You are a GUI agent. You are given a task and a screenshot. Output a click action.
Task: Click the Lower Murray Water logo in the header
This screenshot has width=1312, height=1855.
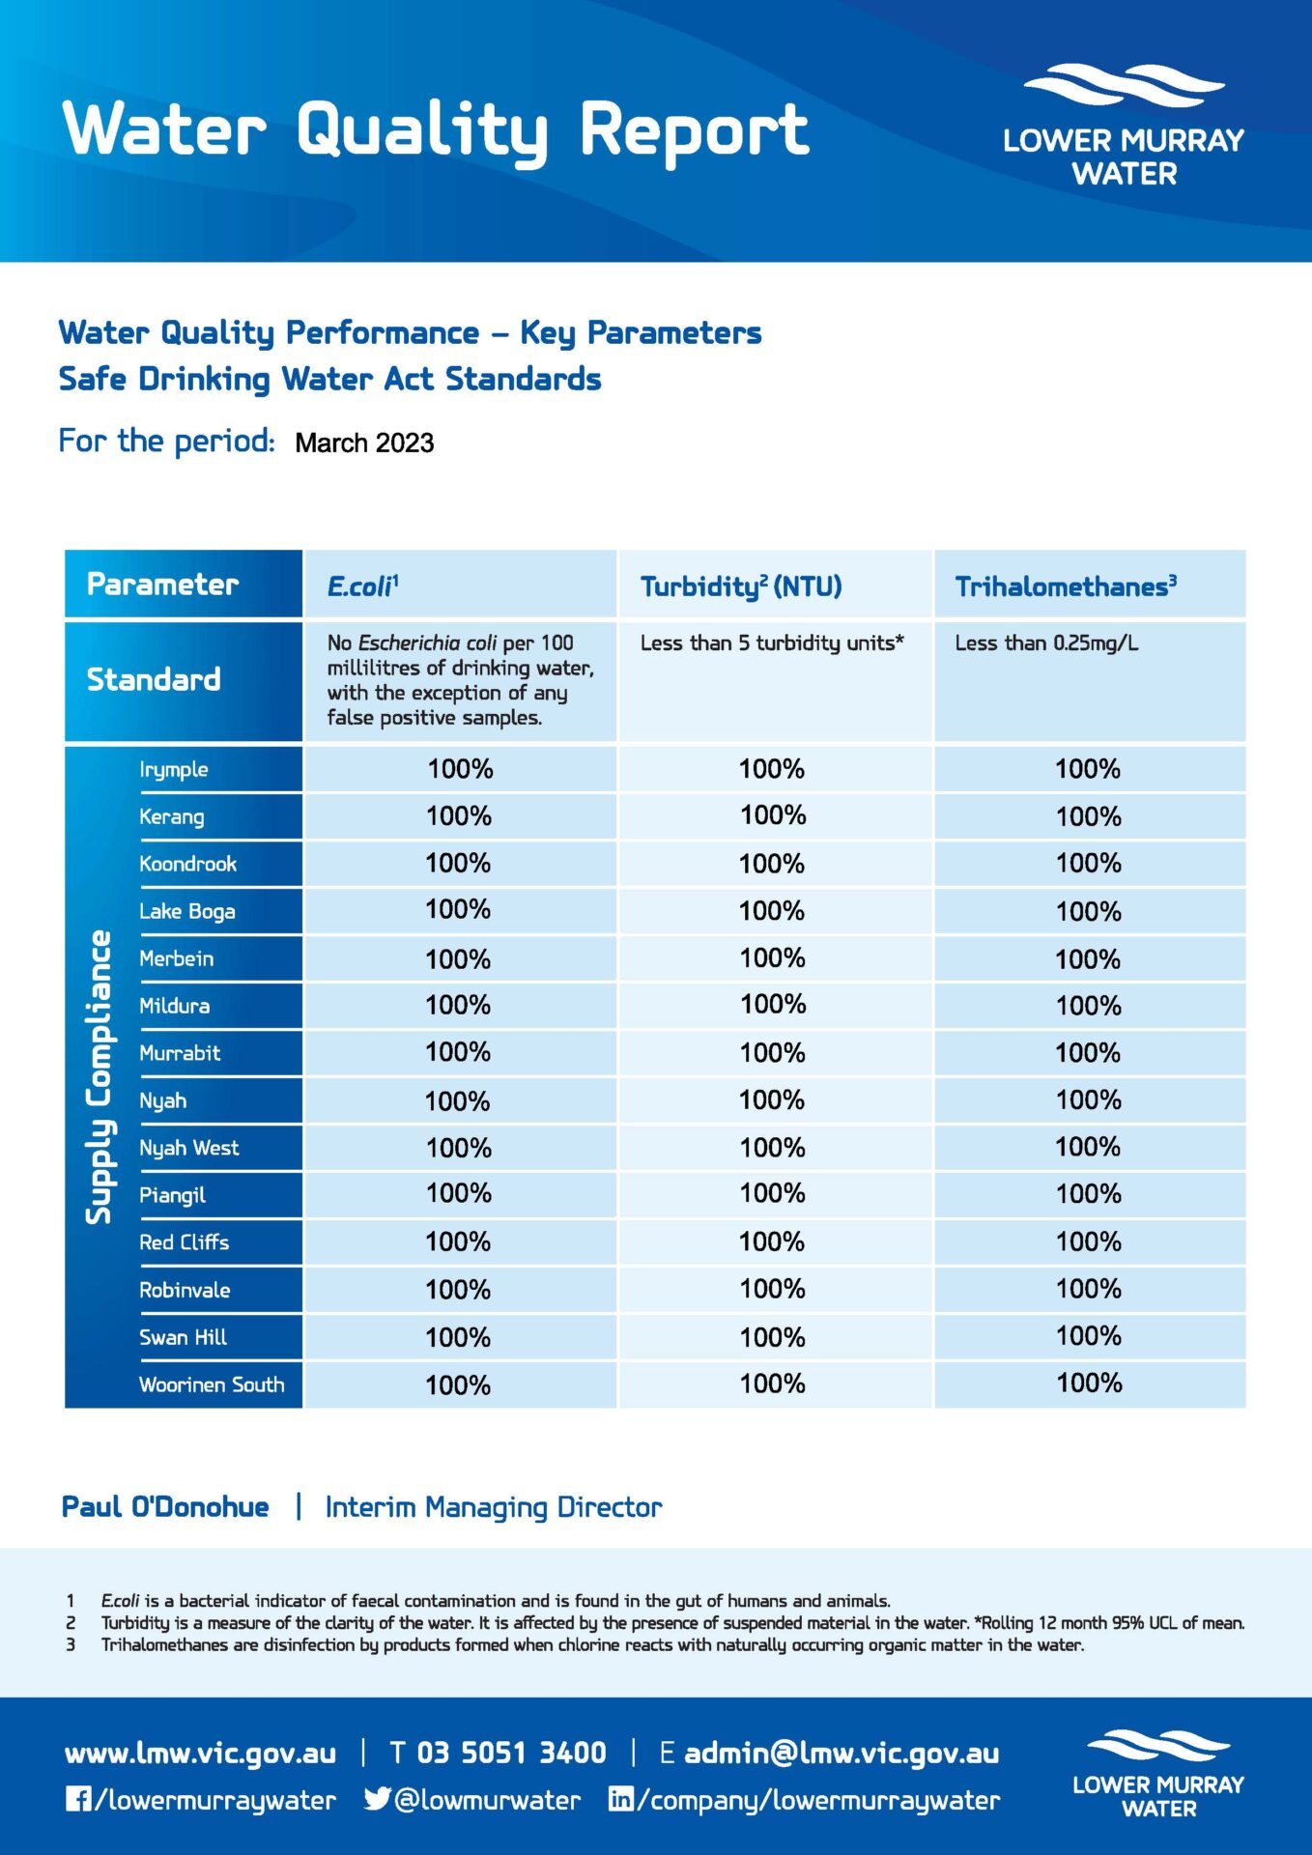point(1124,126)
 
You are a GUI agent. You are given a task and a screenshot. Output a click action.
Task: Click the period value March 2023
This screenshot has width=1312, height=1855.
point(364,443)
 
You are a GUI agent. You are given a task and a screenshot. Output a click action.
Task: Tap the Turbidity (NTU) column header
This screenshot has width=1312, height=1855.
point(741,586)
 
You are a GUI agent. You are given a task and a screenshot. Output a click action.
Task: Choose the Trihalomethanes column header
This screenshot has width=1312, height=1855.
point(1065,586)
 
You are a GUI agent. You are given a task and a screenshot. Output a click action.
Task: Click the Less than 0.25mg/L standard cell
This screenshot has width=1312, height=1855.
point(1046,643)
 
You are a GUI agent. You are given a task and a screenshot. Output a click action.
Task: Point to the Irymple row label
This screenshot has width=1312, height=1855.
point(174,770)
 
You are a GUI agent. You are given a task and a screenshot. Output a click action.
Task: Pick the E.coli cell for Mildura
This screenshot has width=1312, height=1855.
point(459,1006)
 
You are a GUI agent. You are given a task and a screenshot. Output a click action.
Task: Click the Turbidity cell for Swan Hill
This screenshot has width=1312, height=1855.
point(772,1338)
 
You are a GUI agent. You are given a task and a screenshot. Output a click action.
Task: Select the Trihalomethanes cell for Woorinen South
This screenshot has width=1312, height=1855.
point(1089,1384)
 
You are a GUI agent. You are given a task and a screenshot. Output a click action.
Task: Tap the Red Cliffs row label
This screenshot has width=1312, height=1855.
point(184,1242)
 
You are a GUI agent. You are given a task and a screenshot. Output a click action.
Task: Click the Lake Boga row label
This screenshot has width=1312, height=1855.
point(186,911)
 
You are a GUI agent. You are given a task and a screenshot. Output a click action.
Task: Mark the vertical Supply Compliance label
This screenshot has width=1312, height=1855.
point(99,1076)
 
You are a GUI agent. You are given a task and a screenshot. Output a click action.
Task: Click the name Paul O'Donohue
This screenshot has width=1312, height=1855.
point(165,1507)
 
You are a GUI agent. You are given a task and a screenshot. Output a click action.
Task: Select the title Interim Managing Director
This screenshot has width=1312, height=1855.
point(494,1507)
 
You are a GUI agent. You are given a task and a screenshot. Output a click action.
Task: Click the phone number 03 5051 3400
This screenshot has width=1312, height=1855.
point(511,1753)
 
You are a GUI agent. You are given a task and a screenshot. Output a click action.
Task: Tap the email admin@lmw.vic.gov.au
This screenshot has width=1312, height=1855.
point(841,1753)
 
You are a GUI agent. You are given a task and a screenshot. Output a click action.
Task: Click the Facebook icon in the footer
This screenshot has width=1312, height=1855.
point(78,1799)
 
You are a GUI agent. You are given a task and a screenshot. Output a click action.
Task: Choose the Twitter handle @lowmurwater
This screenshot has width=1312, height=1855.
point(487,1800)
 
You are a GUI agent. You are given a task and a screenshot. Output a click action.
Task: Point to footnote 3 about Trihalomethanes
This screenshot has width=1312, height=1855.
point(591,1645)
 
